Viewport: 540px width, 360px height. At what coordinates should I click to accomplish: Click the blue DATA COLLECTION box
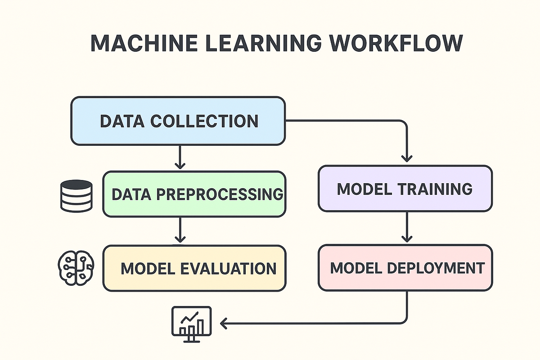pyautogui.click(x=178, y=121)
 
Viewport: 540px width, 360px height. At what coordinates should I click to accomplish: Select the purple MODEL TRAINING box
pyautogui.click(x=405, y=189)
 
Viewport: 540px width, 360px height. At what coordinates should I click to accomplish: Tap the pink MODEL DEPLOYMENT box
pyautogui.click(x=405, y=268)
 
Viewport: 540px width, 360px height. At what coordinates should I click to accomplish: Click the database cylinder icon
pyautogui.click(x=76, y=195)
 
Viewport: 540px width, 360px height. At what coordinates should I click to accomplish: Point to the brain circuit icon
pyautogui.click(x=76, y=267)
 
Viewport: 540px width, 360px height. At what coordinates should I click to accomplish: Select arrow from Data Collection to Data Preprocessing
pyautogui.click(x=180, y=157)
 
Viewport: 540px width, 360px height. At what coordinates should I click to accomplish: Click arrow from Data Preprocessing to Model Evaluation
pyautogui.click(x=180, y=231)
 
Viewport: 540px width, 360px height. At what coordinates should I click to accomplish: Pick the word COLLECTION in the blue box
pyautogui.click(x=204, y=121)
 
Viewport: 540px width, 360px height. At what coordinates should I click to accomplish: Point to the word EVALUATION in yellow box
pyautogui.click(x=228, y=269)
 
